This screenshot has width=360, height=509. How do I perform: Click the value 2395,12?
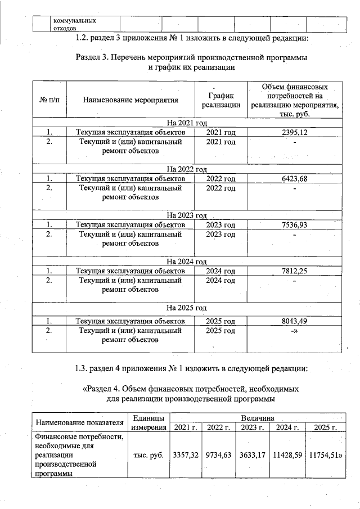click(295, 132)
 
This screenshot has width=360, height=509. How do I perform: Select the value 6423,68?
click(295, 178)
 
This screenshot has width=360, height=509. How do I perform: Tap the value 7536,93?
click(295, 224)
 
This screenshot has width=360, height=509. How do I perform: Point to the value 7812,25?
click(295, 271)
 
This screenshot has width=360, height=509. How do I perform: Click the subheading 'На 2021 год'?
click(187, 123)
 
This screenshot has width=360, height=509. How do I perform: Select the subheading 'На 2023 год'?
click(187, 215)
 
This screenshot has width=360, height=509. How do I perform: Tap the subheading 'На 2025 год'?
click(187, 308)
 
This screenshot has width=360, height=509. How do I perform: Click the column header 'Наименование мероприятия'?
click(130, 100)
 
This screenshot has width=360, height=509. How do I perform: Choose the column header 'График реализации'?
click(220, 100)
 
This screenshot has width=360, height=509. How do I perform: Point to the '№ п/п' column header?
click(49, 100)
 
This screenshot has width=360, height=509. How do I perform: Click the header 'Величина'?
click(257, 418)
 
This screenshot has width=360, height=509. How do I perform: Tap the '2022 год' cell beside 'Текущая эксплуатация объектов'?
click(220, 178)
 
